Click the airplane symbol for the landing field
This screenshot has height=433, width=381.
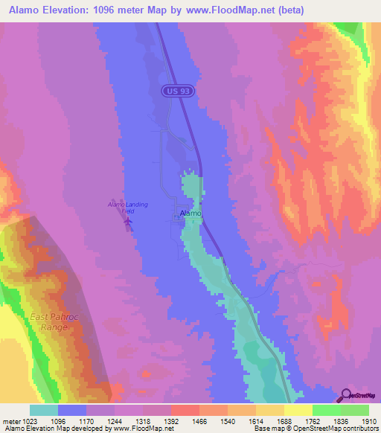128,220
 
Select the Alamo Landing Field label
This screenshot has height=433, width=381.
127,207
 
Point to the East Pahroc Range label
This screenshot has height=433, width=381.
50,321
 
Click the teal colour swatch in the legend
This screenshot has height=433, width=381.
44,410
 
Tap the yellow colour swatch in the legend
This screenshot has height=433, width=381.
298,410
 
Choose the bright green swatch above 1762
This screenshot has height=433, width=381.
327,410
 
